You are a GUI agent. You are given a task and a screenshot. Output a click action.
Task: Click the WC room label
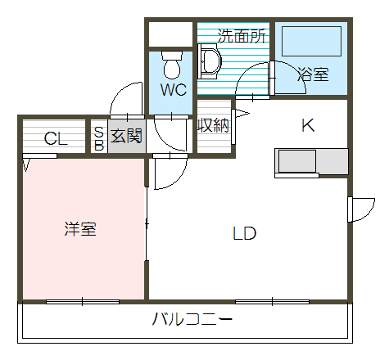(x=174, y=90)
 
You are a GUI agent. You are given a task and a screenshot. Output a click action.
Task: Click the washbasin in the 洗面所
(x=210, y=61)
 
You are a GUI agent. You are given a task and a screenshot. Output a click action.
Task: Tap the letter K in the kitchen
(x=308, y=125)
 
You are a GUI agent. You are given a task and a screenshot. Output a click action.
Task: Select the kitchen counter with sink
(x=312, y=161)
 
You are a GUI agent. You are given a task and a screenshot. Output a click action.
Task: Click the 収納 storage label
(x=214, y=126)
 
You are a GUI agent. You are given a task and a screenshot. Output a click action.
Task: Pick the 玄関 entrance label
(x=127, y=136)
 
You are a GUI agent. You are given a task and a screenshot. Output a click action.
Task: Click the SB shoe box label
(x=98, y=138)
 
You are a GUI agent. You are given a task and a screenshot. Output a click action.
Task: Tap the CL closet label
(x=56, y=138)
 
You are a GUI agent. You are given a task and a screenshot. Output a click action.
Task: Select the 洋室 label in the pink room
(x=80, y=229)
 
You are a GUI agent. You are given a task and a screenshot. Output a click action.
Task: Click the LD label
(x=244, y=233)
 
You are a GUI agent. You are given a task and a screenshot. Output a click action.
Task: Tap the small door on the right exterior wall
(x=359, y=209)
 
